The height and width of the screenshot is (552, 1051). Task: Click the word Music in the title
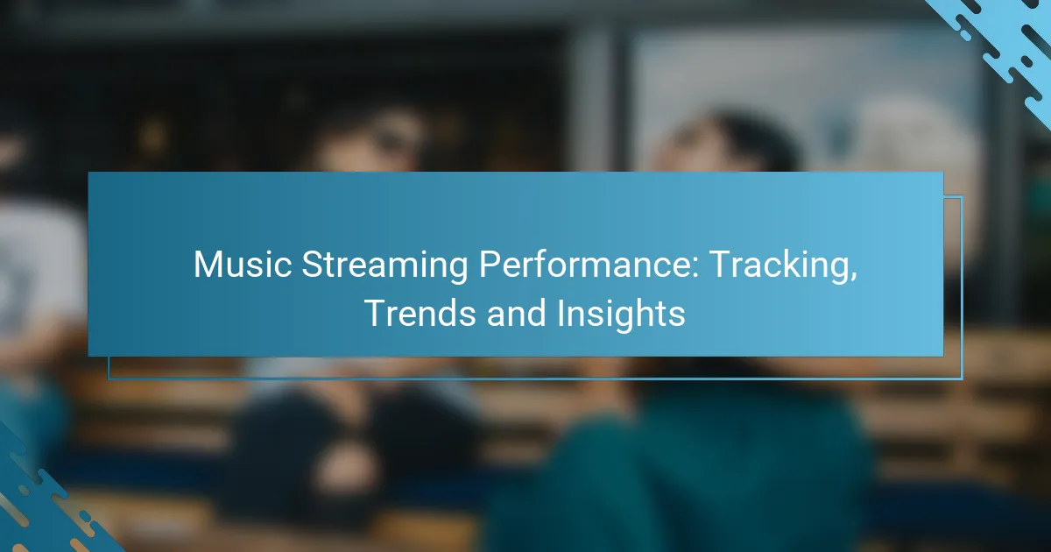243,265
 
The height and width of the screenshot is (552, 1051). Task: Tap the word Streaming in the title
384,267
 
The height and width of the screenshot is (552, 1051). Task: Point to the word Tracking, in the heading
783,267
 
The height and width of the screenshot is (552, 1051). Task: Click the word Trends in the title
420,313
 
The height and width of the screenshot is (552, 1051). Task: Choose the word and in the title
516,313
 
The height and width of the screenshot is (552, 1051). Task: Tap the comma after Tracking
852,277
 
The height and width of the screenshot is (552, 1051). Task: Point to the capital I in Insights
561,313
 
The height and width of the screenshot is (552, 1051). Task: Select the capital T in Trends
377,313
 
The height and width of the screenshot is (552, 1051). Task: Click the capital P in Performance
490,265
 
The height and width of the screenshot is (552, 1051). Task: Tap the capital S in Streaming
313,265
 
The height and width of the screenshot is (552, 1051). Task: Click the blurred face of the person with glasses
370,143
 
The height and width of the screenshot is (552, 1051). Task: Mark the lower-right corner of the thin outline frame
962,379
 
